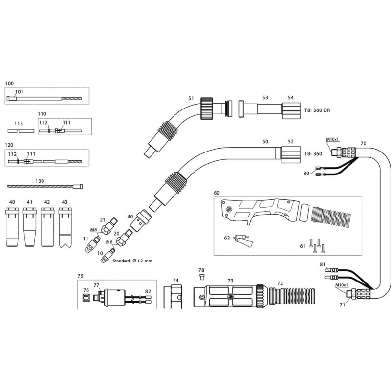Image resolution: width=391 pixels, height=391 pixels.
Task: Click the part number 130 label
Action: pyautogui.click(x=40, y=181)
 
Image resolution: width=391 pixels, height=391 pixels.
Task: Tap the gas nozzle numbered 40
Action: pyautogui.click(x=12, y=227)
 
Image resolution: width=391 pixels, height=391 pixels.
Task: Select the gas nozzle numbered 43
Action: pyautogui.click(x=65, y=227)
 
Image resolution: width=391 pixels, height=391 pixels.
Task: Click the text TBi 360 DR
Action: pyautogui.click(x=317, y=110)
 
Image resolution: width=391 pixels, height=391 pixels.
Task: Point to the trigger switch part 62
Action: pyautogui.click(x=243, y=239)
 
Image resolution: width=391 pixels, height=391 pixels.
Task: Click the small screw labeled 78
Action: pyautogui.click(x=202, y=277)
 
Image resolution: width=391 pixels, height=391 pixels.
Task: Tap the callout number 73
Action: pyautogui.click(x=230, y=281)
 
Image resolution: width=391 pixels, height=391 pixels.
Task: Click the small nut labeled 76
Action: pyautogui.click(x=86, y=298)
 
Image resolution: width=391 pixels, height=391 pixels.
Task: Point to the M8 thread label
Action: pyautogui.click(x=94, y=229)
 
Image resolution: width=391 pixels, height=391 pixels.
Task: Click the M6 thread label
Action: pyautogui.click(x=109, y=242)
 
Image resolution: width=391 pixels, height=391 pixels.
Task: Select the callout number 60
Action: pyautogui.click(x=217, y=193)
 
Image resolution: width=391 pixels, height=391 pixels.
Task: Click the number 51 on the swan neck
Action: pyautogui.click(x=191, y=98)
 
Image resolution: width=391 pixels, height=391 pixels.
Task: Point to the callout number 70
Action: pyautogui.click(x=363, y=143)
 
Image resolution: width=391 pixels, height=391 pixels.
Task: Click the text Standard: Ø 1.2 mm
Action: pyautogui.click(x=132, y=261)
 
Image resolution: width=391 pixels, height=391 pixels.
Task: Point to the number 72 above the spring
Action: pyautogui.click(x=280, y=283)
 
